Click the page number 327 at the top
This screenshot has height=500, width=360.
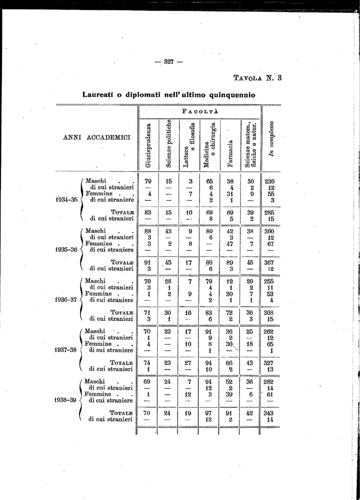tap(169, 62)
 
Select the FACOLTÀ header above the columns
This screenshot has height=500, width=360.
tap(199, 111)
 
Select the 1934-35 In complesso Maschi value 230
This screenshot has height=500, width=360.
tap(270, 182)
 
